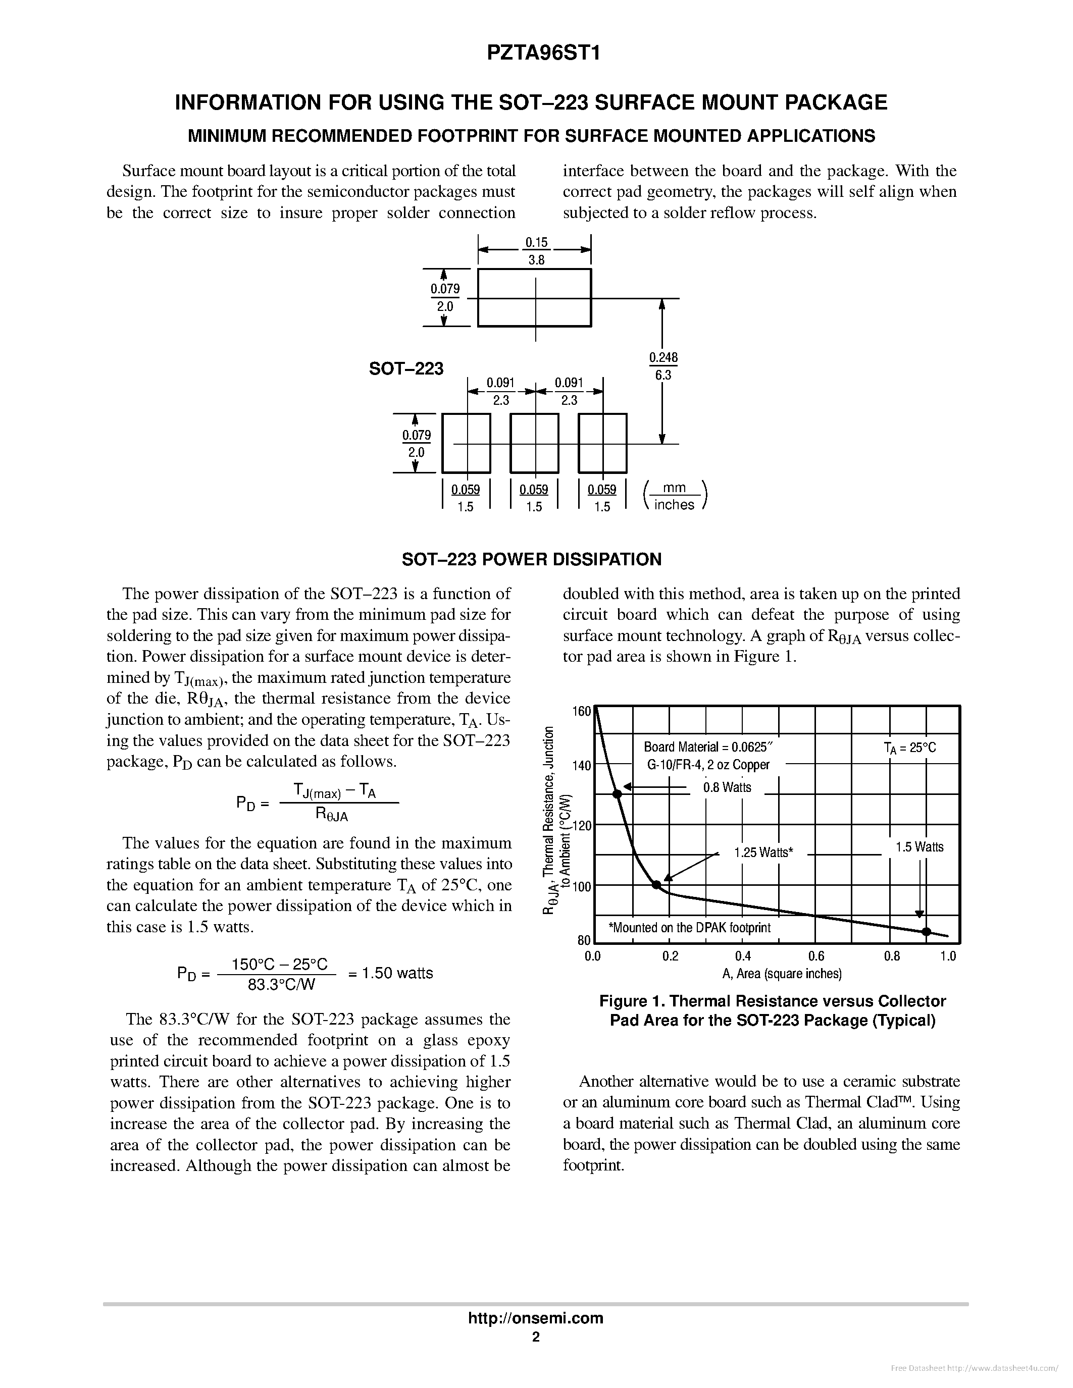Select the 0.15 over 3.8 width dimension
click(536, 251)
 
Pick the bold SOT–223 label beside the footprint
click(406, 368)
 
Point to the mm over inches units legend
click(675, 496)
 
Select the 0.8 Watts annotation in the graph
click(727, 787)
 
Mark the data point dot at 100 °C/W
click(657, 884)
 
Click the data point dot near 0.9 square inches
click(926, 932)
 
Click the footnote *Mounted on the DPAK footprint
click(690, 927)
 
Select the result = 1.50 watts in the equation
click(391, 974)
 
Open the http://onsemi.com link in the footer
click(535, 1318)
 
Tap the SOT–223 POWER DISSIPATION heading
click(532, 559)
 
